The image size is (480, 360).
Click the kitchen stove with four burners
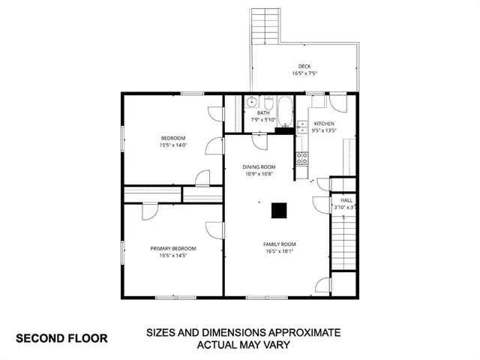point(303,157)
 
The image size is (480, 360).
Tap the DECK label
point(304,67)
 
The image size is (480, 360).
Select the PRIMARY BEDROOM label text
point(173,248)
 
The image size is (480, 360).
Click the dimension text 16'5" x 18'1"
point(279,251)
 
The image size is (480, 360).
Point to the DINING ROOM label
point(259,166)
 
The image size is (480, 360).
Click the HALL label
point(346,200)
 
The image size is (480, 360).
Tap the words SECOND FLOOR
point(62,337)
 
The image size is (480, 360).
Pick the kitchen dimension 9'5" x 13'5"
point(324,130)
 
